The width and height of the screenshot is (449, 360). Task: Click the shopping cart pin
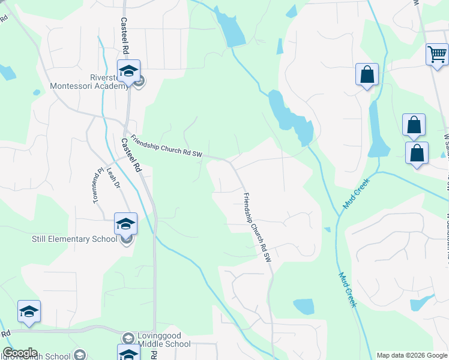click(437, 55)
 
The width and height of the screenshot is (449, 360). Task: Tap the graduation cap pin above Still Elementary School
click(125, 224)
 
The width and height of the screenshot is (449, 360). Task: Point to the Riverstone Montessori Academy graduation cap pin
click(128, 72)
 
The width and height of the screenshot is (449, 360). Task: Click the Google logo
click(20, 353)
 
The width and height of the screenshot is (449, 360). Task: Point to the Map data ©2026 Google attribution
click(412, 355)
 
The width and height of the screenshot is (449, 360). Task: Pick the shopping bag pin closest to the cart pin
click(414, 125)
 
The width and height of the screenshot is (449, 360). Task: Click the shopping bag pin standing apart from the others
click(367, 76)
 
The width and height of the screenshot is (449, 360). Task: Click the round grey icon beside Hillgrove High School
click(79, 355)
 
